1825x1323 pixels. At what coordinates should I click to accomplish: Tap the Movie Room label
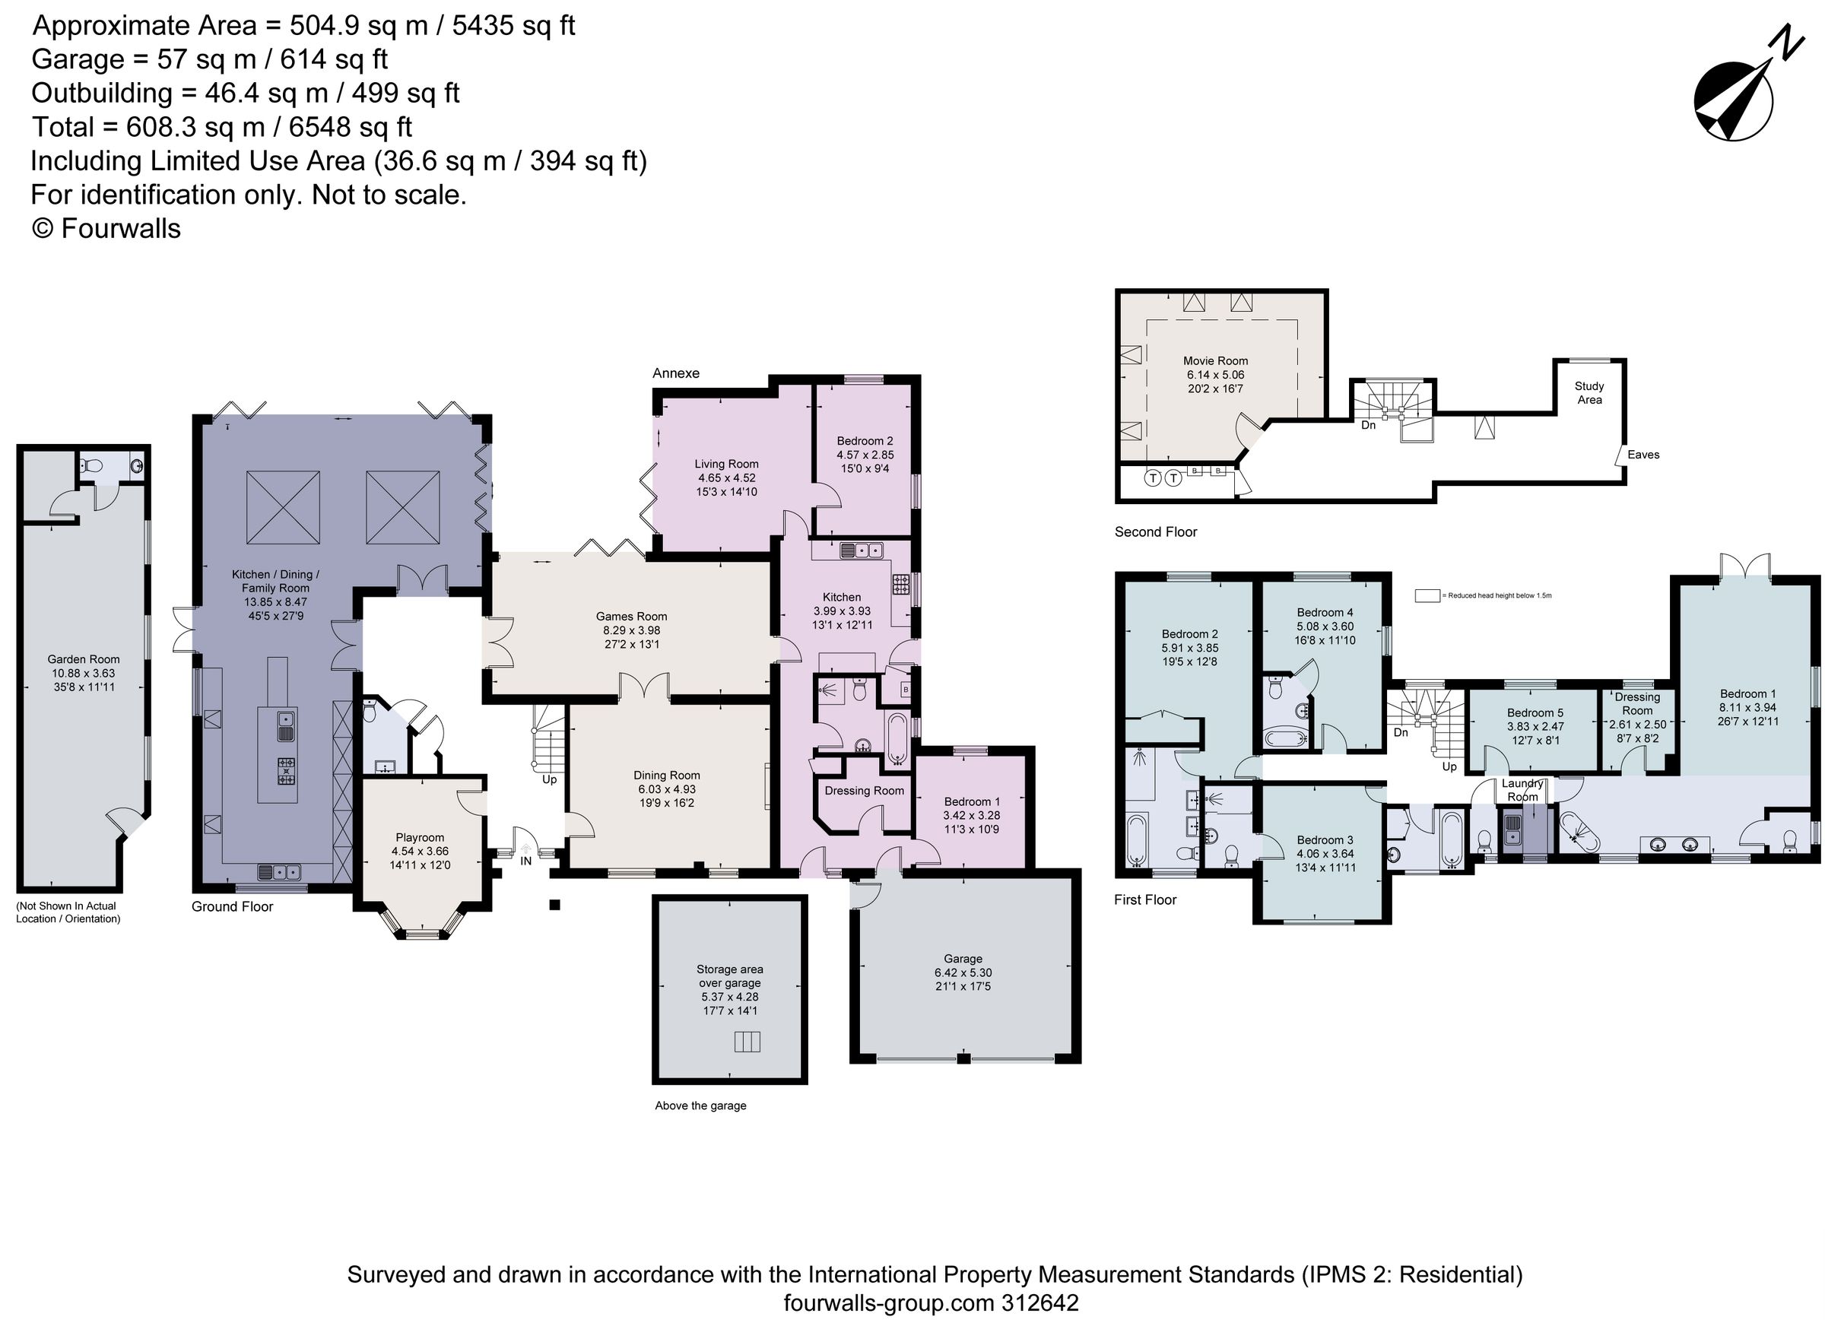pos(1215,360)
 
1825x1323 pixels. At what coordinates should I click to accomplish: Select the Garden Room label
pos(83,659)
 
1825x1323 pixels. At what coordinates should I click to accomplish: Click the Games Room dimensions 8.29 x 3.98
pos(631,630)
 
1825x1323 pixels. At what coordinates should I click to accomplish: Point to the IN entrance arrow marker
pos(525,849)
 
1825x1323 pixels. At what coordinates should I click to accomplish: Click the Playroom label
pos(419,837)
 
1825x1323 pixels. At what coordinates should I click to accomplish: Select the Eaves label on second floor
pos(1643,455)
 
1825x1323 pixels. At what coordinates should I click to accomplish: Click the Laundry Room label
pos(1522,789)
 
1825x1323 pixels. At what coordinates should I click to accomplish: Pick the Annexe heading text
pos(676,373)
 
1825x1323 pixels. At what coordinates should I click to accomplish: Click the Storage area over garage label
pos(729,976)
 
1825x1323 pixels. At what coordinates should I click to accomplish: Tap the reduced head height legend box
pos(1427,595)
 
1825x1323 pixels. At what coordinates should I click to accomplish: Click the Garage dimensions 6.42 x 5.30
pos(963,972)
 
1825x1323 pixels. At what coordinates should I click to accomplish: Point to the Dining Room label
pos(666,776)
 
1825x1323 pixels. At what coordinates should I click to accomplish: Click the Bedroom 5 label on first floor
pos(1535,712)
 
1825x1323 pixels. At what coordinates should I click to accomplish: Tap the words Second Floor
pos(1156,532)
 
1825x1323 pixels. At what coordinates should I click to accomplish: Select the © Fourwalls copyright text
pos(106,229)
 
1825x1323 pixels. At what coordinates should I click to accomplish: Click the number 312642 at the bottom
pos(1039,1303)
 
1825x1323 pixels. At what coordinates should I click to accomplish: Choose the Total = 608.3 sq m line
pos(221,127)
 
